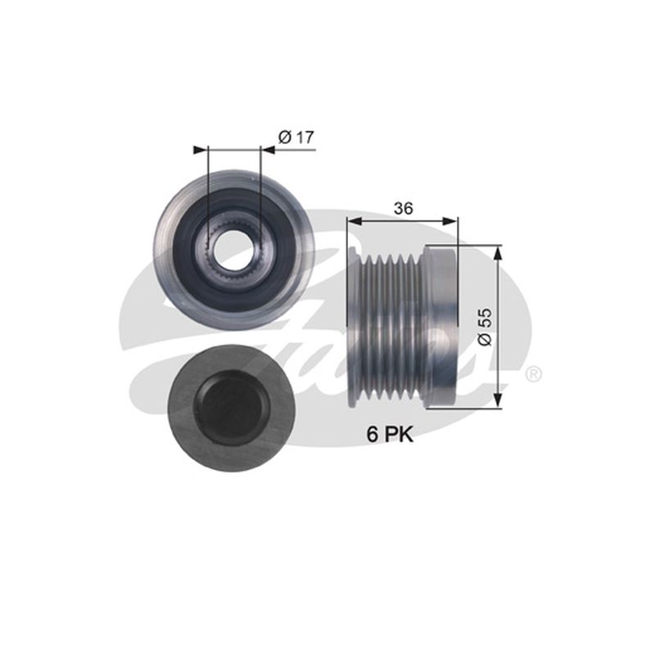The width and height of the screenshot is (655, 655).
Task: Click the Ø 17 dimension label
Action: click(x=296, y=137)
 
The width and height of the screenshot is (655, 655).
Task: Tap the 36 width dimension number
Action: click(x=403, y=208)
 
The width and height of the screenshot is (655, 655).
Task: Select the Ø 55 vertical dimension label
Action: click(x=485, y=327)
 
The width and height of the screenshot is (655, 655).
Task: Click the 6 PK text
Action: click(x=390, y=435)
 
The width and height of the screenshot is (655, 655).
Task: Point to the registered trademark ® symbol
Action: click(x=533, y=373)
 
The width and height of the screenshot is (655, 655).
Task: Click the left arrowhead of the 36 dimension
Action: click(x=354, y=221)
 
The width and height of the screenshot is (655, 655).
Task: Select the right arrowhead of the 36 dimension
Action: click(x=451, y=221)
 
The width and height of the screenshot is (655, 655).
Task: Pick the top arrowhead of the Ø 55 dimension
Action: click(x=498, y=252)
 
